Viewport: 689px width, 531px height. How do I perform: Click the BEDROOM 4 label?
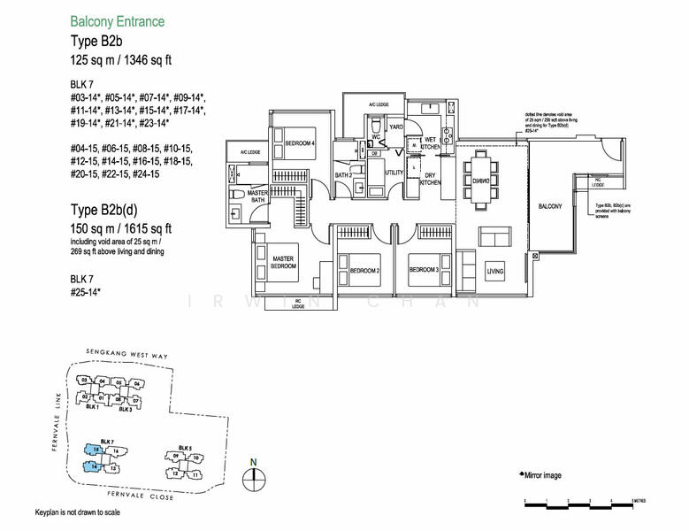[x=300, y=142]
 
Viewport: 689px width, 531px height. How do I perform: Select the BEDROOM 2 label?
[x=364, y=270]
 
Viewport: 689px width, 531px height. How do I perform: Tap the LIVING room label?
[x=495, y=271]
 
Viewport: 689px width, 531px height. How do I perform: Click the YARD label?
[x=397, y=127]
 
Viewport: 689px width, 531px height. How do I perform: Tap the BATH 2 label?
[x=344, y=175]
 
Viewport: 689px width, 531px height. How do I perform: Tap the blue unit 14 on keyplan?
[x=94, y=464]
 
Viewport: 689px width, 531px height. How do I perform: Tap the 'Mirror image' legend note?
[x=540, y=475]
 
